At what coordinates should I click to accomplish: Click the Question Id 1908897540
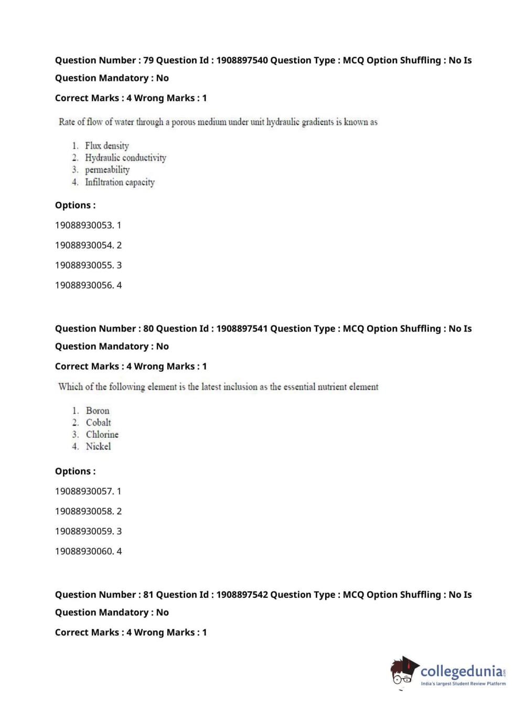pos(242,60)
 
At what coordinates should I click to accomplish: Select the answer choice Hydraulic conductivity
pos(125,158)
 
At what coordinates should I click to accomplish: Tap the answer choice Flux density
pos(106,146)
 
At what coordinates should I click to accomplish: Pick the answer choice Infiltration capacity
pos(120,182)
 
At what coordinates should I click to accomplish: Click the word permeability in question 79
pos(107,170)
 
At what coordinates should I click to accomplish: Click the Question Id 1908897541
pos(242,329)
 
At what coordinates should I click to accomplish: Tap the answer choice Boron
pos(98,411)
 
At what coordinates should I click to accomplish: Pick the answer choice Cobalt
pos(98,423)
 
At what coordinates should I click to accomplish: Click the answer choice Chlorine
pos(102,435)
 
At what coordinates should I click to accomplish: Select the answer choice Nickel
pos(98,447)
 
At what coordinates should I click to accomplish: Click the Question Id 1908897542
pos(242,595)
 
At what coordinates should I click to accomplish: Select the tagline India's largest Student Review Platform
pos(463,684)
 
